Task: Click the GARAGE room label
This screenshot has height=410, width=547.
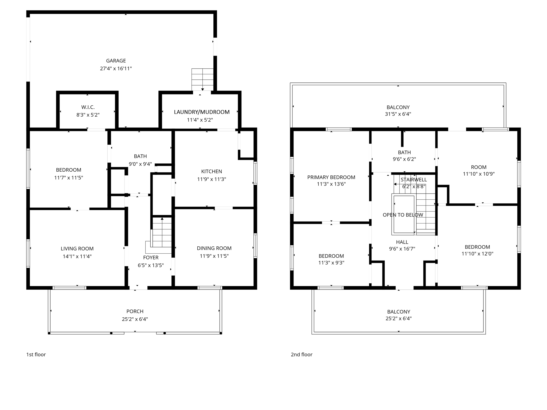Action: pyautogui.click(x=116, y=61)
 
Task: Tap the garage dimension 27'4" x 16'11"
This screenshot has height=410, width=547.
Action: pyautogui.click(x=116, y=69)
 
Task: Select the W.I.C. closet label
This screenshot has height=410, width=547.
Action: pyautogui.click(x=88, y=107)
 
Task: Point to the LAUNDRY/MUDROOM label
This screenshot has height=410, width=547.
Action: pyautogui.click(x=202, y=112)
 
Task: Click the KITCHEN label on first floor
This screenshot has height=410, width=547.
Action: pyautogui.click(x=212, y=171)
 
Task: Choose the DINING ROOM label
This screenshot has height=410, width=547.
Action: pyautogui.click(x=214, y=248)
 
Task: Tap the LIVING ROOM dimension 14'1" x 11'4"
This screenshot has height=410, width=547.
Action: pyautogui.click(x=77, y=257)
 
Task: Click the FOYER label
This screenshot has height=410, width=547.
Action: pyautogui.click(x=151, y=258)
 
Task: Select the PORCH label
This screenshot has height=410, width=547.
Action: pyautogui.click(x=135, y=312)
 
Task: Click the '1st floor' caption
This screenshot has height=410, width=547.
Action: pyautogui.click(x=36, y=354)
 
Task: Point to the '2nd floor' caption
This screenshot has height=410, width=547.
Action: pyautogui.click(x=302, y=354)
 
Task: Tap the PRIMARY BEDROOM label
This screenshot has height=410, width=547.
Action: pyautogui.click(x=331, y=177)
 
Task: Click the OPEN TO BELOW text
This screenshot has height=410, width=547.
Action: pyautogui.click(x=403, y=215)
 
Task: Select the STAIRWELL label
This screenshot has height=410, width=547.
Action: pyautogui.click(x=414, y=180)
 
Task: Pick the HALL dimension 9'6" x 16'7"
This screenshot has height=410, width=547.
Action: pyautogui.click(x=402, y=249)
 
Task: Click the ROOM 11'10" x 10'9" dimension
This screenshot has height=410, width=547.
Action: pyautogui.click(x=479, y=174)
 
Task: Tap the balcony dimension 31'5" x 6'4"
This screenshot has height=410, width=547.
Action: pyautogui.click(x=398, y=114)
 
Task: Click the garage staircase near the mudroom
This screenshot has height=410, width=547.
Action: pyautogui.click(x=202, y=79)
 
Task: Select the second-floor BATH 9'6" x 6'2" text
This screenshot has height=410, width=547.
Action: pyautogui.click(x=404, y=159)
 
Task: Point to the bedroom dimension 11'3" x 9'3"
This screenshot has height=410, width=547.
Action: pyautogui.click(x=331, y=263)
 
